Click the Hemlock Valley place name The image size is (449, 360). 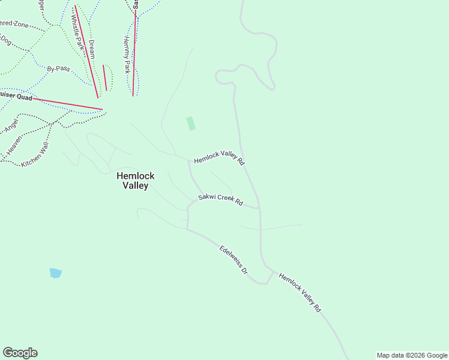135,181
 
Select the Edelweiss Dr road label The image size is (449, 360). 234,260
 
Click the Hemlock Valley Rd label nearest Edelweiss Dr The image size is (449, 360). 300,293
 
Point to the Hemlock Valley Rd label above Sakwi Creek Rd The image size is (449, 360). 219,158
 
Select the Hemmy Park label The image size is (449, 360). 127,54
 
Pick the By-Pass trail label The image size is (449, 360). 58,68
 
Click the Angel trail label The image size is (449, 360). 12,125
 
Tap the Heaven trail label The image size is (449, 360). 14,145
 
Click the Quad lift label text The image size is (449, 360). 15,96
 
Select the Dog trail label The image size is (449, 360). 5,40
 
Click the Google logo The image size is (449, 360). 20,353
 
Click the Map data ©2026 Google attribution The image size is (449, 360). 412,355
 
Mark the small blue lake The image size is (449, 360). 55,273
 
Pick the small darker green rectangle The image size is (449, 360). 191,124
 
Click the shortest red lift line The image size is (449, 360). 105,77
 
